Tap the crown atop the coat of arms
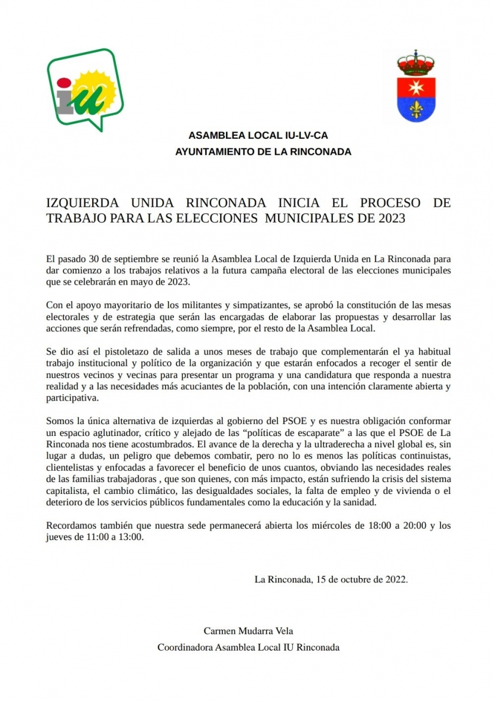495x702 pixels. pos(416,62)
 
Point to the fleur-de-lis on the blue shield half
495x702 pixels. pos(416,109)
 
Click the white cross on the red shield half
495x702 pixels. pos(416,86)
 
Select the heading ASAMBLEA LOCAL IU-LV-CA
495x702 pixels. pos(258,136)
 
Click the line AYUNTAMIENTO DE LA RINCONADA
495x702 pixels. pos(263,152)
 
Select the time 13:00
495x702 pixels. pos(130,536)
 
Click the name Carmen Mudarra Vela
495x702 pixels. pos(248,631)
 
